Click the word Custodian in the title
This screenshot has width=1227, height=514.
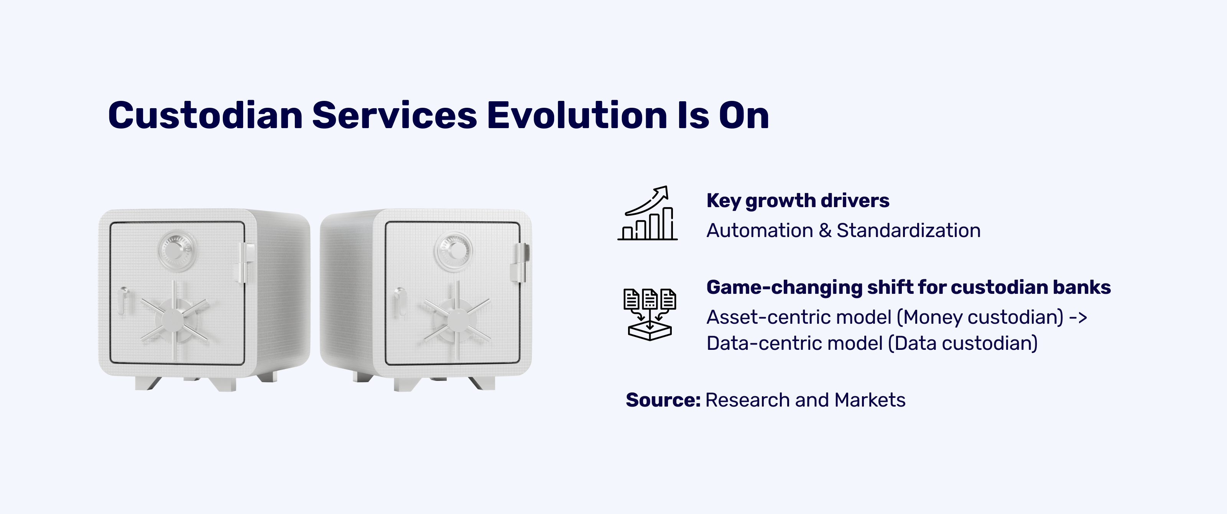(x=205, y=115)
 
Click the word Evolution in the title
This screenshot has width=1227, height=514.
(x=577, y=115)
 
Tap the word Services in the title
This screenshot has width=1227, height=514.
(x=395, y=115)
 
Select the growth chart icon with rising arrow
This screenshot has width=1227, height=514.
(x=647, y=213)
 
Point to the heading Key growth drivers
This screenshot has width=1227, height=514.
(x=798, y=201)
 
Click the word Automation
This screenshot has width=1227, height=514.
(x=760, y=231)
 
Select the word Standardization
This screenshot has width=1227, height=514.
(x=908, y=231)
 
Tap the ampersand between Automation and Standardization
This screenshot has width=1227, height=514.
(x=825, y=231)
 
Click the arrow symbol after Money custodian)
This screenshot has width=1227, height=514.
(x=1078, y=318)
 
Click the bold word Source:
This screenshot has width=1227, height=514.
(x=663, y=400)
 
